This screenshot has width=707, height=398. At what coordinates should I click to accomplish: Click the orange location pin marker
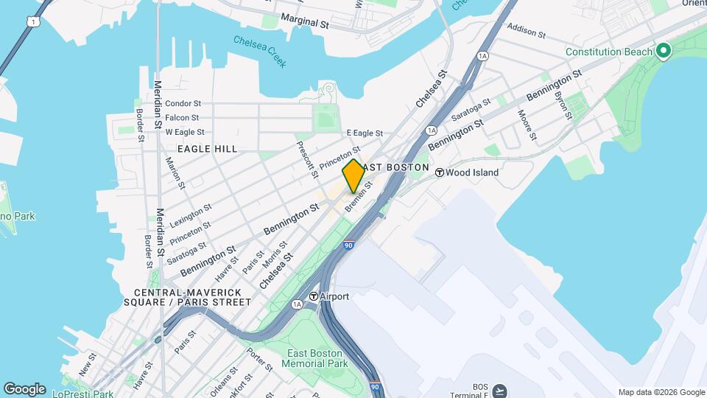[353, 175]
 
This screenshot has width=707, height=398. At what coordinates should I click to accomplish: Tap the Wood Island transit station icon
[440, 172]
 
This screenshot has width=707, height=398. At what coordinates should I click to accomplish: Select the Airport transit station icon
[314, 296]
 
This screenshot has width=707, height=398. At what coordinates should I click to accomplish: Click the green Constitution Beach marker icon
[663, 52]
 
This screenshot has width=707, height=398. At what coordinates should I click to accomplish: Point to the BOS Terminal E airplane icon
[500, 389]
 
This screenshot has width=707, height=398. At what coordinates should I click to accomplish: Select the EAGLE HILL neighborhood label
[207, 149]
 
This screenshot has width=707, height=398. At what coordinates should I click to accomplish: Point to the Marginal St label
[304, 24]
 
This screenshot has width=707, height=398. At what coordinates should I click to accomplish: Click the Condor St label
[183, 104]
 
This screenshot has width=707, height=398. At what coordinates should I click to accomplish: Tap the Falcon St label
[182, 118]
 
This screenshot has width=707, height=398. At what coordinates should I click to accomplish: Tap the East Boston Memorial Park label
[317, 359]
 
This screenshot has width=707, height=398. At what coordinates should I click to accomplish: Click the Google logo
[24, 389]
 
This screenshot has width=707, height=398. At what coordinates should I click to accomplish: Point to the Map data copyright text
[661, 392]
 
